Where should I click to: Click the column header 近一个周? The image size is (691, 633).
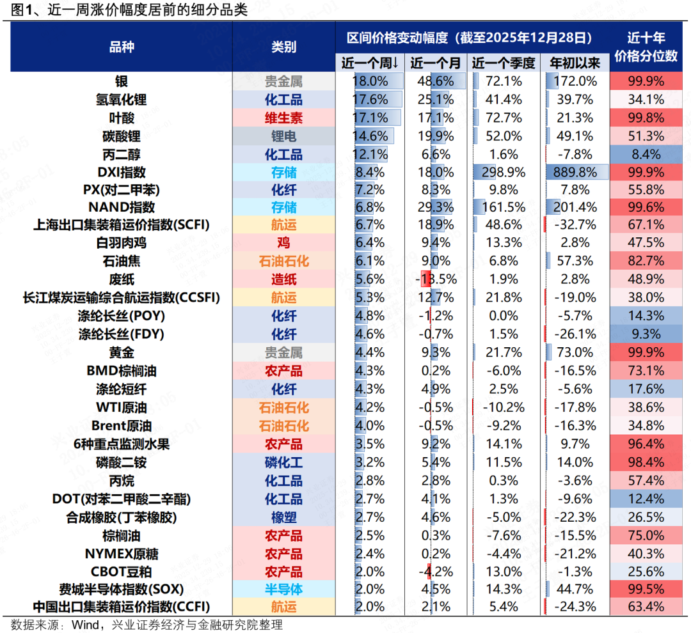370,63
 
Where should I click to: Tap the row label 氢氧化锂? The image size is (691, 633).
121,100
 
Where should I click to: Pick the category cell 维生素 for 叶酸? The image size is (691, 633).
283,118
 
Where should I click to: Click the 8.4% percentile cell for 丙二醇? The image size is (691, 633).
646,154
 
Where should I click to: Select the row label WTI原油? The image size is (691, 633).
121,408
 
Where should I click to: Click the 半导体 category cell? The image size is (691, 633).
283,590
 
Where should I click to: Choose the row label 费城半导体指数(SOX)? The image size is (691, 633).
121,590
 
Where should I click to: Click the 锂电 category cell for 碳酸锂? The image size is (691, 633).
283,136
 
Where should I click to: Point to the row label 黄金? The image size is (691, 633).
121,353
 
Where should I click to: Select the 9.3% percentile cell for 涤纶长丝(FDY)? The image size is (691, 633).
646,334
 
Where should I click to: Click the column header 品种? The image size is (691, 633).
122,47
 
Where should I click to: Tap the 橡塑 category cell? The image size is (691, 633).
283,517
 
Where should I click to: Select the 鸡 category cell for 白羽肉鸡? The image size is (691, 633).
283,243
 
